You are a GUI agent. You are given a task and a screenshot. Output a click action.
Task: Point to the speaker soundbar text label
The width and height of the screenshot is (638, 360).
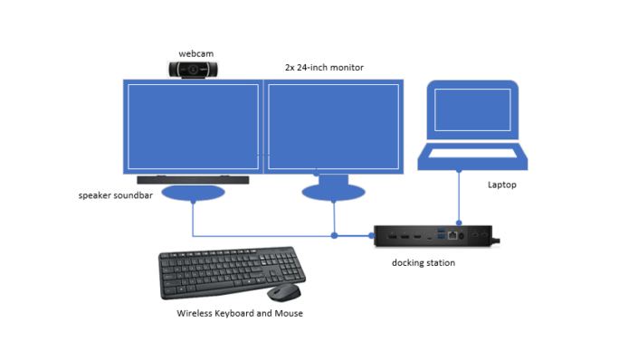[x=118, y=194]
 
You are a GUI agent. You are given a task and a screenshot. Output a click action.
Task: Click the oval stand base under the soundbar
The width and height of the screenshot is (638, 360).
[x=192, y=193]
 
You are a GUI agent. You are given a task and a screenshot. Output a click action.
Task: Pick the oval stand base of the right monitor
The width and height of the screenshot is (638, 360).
[x=333, y=192]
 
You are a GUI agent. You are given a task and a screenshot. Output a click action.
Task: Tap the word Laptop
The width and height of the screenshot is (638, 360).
[x=502, y=185]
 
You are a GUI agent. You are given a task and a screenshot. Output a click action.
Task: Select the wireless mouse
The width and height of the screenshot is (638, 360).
[x=285, y=293]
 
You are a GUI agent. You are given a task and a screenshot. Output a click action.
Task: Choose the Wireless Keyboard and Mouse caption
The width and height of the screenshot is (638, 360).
[x=239, y=313]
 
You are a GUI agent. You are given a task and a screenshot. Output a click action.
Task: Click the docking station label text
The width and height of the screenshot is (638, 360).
[x=424, y=262]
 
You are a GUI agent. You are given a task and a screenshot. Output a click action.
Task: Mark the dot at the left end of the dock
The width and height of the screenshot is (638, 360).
[x=371, y=235]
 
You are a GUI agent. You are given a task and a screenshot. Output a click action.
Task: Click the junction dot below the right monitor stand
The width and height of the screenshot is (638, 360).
[x=334, y=235]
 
